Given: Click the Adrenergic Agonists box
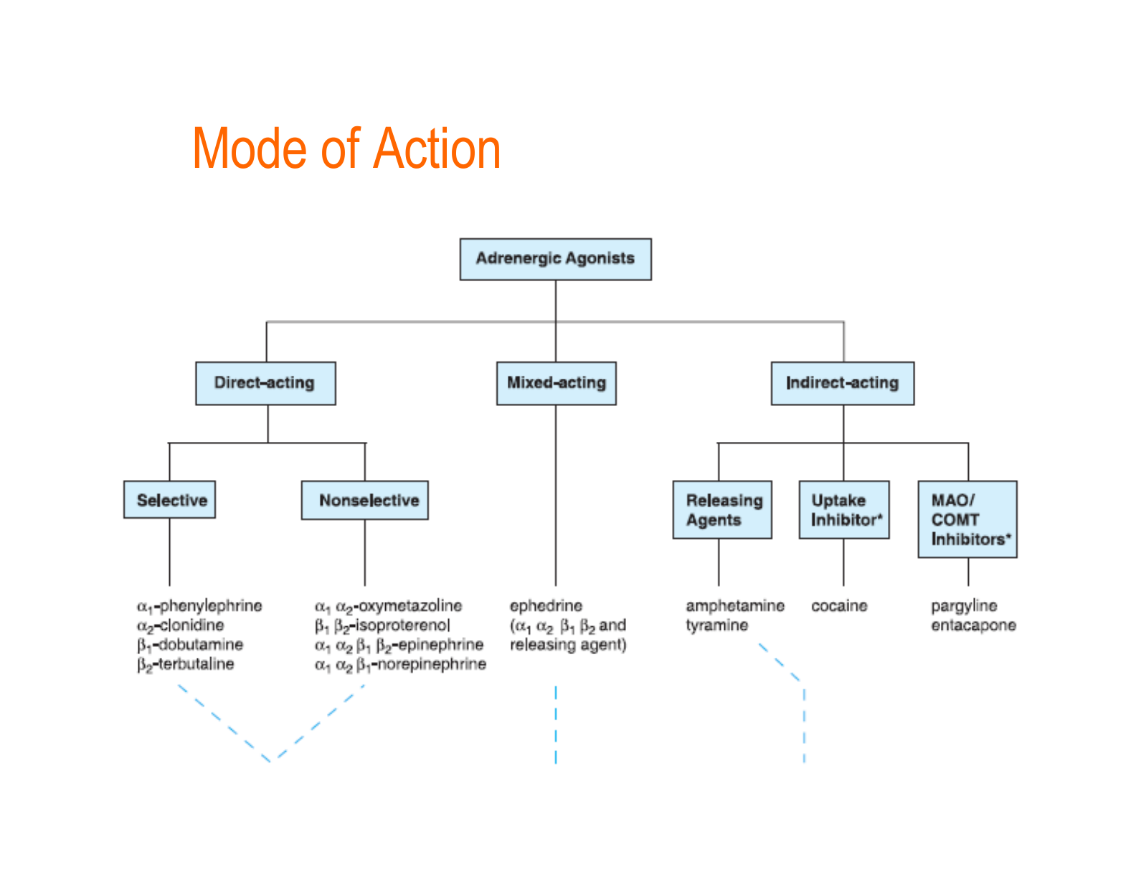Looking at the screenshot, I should pyautogui.click(x=555, y=259).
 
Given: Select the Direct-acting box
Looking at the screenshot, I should pyautogui.click(x=265, y=383).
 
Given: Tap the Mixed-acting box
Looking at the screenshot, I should pyautogui.click(x=556, y=383).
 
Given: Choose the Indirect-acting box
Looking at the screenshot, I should pyautogui.click(x=842, y=383).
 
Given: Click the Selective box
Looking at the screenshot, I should pyautogui.click(x=170, y=500).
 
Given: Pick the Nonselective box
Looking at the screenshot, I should pyautogui.click(x=365, y=500).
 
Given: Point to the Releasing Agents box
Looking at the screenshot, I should pyautogui.click(x=721, y=510).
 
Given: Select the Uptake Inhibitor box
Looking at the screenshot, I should pyautogui.click(x=844, y=510).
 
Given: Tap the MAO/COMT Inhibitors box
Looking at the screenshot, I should pyautogui.click(x=967, y=519).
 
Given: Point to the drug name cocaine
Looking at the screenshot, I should pyautogui.click(x=839, y=606).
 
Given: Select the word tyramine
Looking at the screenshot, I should pyautogui.click(x=716, y=626).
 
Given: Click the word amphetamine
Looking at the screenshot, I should pyautogui.click(x=734, y=606).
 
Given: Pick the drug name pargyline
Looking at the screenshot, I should pyautogui.click(x=964, y=606).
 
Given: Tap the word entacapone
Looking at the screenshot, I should pyautogui.click(x=973, y=626).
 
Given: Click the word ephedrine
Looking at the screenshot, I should pyautogui.click(x=546, y=606).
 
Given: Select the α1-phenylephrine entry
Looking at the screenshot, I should pyautogui.click(x=199, y=606).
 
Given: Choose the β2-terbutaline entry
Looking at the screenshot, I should pyautogui.click(x=186, y=664).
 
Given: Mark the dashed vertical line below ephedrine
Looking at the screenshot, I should pyautogui.click(x=556, y=724).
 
